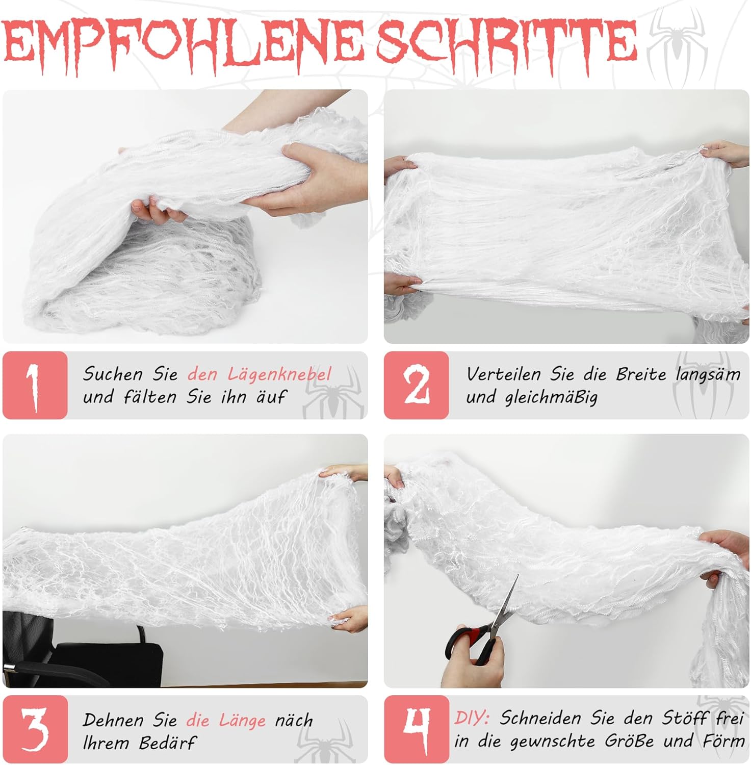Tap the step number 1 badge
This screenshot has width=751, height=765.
point(35,385)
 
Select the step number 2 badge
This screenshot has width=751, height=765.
point(416,385)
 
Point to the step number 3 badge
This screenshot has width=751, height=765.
point(35,729)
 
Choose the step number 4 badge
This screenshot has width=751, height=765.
point(416,729)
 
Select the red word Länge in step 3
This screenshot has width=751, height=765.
point(242,720)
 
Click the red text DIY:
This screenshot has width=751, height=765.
point(472,718)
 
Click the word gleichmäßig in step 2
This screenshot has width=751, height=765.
point(551,397)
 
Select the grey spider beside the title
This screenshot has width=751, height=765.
point(677,43)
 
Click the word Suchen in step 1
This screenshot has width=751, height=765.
point(113,374)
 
